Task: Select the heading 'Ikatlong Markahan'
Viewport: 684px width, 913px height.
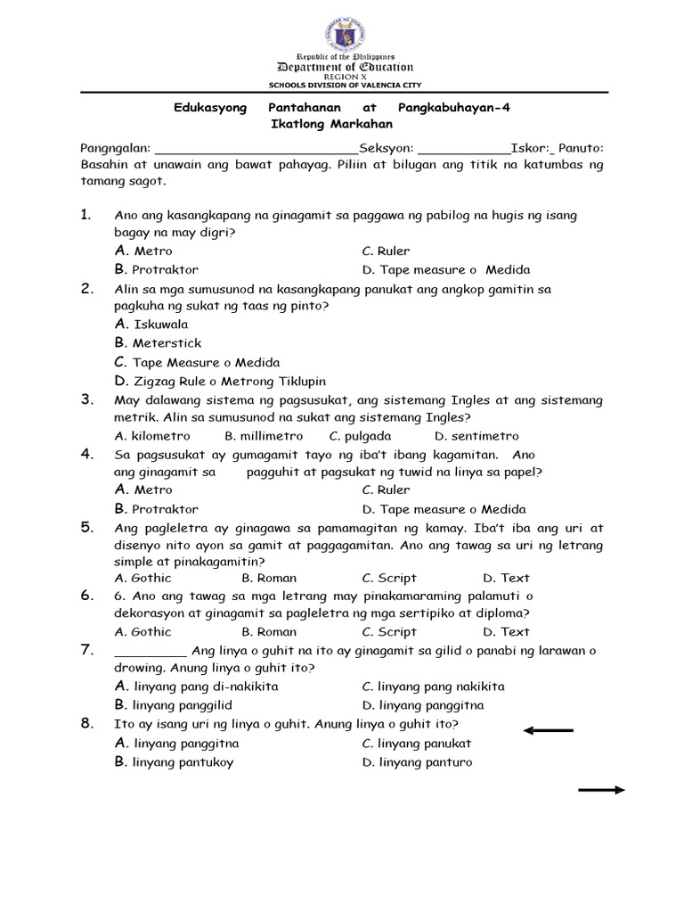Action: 331,124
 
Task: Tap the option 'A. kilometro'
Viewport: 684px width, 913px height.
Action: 152,436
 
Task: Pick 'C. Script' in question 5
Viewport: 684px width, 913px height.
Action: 389,578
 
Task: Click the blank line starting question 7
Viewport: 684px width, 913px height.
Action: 151,652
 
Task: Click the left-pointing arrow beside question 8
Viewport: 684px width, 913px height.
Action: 548,731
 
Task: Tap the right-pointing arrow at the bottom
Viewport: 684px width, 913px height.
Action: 602,790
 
